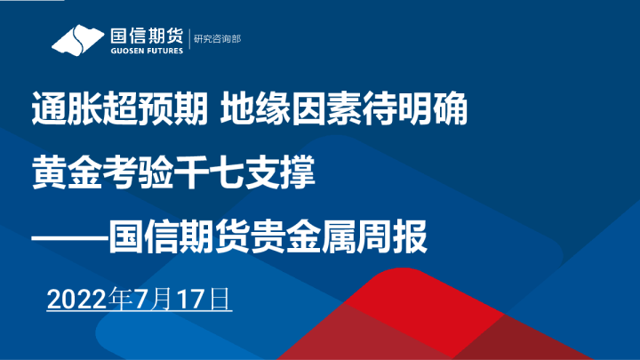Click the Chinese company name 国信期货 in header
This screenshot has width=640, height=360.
click(x=145, y=36)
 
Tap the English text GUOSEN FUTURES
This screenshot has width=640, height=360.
click(x=145, y=52)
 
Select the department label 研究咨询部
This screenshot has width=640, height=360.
click(x=217, y=40)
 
